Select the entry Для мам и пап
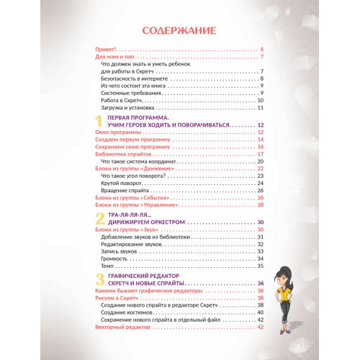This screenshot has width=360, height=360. click(x=116, y=56)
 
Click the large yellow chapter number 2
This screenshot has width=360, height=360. click(x=99, y=218)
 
